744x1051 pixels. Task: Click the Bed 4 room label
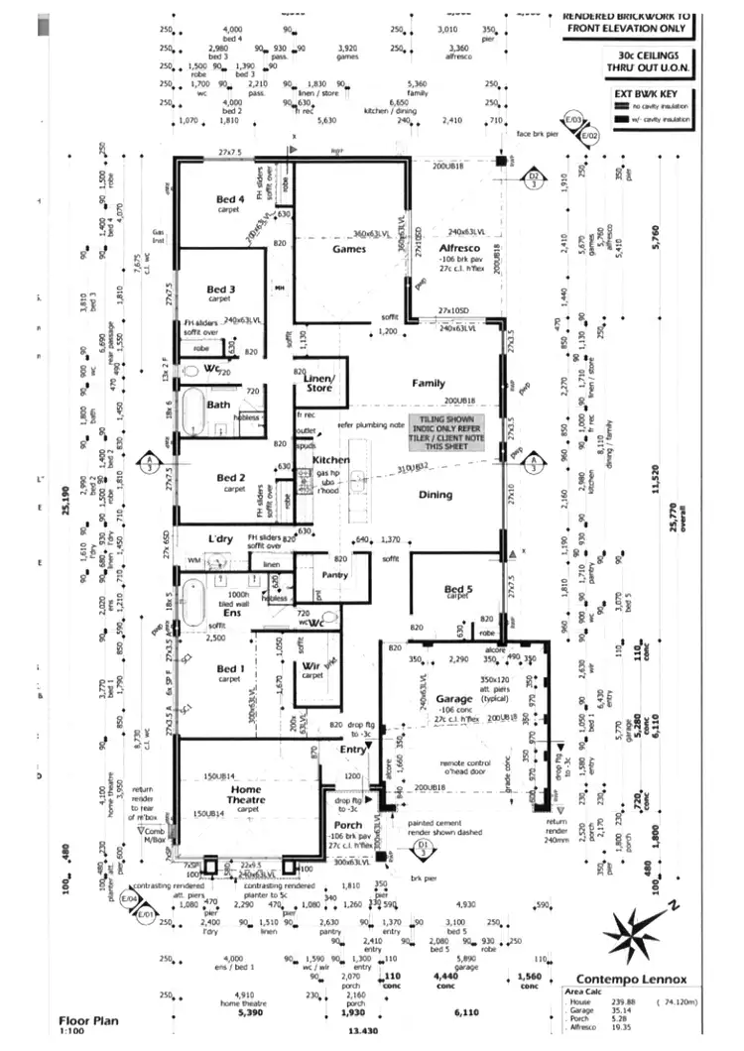[230, 199]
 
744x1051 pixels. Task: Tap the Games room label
[349, 249]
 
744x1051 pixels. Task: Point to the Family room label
[429, 383]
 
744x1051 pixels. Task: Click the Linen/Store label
[318, 383]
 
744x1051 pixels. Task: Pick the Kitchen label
[330, 462]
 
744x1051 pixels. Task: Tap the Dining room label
[434, 494]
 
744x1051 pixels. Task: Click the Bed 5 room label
[457, 589]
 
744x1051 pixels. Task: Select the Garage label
[453, 699]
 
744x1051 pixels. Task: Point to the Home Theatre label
[246, 794]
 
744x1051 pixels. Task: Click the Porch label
[347, 825]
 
